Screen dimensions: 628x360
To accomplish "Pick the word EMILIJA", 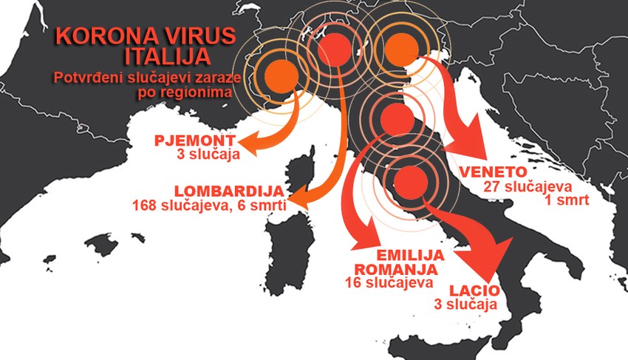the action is point(410,254).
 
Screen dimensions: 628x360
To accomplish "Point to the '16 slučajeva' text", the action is point(383,282).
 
